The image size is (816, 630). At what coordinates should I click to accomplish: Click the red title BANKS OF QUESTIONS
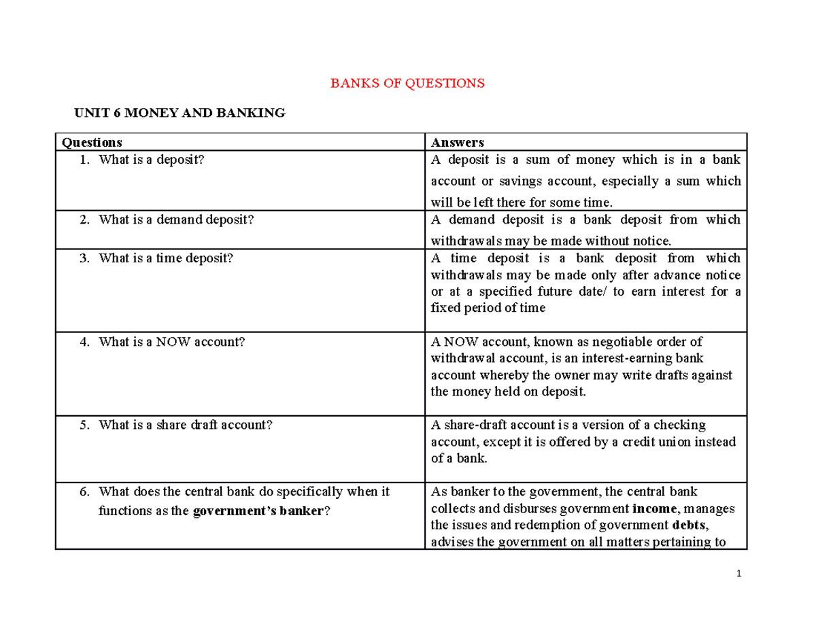point(407,84)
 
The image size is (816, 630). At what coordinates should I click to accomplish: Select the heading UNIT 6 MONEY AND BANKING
point(180,113)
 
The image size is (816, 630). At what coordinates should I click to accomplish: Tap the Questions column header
point(92,142)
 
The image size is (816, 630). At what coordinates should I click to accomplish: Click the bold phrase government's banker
point(258,511)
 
